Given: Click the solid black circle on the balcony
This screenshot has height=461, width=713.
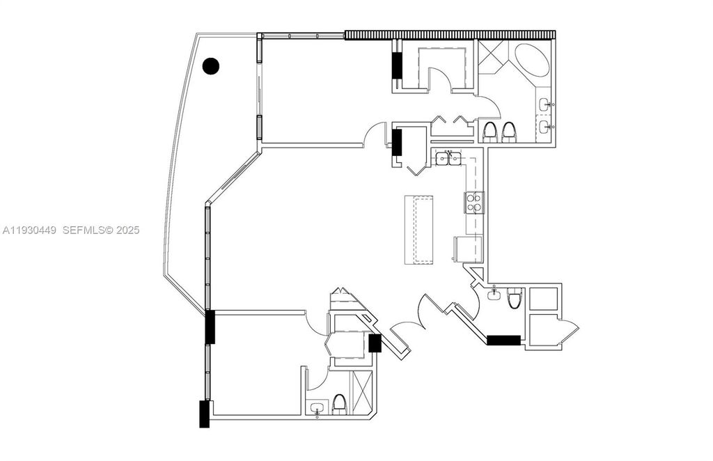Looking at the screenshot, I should click(x=210, y=66).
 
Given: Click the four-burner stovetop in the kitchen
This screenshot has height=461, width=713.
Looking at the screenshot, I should click(x=474, y=202).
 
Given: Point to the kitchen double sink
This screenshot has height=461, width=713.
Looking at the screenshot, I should click(x=448, y=159).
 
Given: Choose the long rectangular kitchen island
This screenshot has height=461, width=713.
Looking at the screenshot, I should click(x=418, y=230).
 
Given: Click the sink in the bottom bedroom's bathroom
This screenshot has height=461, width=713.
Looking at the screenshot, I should click(x=318, y=407).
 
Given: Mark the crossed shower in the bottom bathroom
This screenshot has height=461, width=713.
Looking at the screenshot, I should click(x=362, y=393).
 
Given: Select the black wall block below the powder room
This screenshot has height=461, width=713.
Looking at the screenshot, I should click(x=503, y=341).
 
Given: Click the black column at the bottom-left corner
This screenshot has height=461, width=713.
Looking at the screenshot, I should click(x=204, y=414).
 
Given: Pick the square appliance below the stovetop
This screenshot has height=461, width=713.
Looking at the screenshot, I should click(x=463, y=249).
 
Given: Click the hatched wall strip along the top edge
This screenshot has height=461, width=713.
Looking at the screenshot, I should click(x=450, y=34).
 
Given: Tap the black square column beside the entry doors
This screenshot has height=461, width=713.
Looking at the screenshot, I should click(x=374, y=342).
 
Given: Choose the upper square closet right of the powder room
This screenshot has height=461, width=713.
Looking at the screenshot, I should click(x=543, y=298).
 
